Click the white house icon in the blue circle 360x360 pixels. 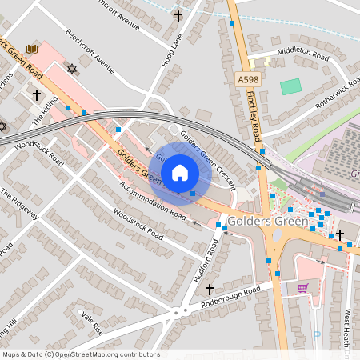pyautogui.click(x=180, y=172)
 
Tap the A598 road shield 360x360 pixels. pyautogui.click(x=249, y=80)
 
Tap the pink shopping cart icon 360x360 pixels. pyautogui.click(x=302, y=288)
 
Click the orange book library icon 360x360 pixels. pyautogui.click(x=32, y=50)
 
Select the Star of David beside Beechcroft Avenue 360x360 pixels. pyautogui.click(x=73, y=68)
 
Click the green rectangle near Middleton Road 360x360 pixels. pyautogui.click(x=291, y=86)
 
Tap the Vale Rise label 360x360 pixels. pyautogui.click(x=91, y=322)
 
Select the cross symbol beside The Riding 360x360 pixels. pyautogui.click(x=36, y=94)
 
